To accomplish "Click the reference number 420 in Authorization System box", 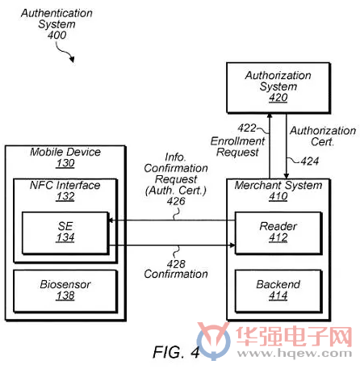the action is pyautogui.click(x=278, y=98).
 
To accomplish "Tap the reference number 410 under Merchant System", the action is pyautogui.click(x=278, y=196).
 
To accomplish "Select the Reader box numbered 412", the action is pyautogui.click(x=278, y=233).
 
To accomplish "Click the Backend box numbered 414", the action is pyautogui.click(x=278, y=291).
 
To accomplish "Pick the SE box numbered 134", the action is pyautogui.click(x=65, y=233).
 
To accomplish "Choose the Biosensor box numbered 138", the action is pyautogui.click(x=65, y=291).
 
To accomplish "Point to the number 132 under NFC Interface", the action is pyautogui.click(x=65, y=196).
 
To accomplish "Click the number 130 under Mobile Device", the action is pyautogui.click(x=65, y=163).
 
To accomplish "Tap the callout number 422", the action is pyautogui.click(x=247, y=128).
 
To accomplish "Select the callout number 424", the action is pyautogui.click(x=310, y=161).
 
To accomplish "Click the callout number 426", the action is pyautogui.click(x=176, y=201).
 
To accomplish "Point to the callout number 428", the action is pyautogui.click(x=176, y=264).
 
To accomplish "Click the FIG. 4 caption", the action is pyautogui.click(x=176, y=352).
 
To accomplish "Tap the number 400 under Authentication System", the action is pyautogui.click(x=57, y=35).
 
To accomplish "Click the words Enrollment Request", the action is pyautogui.click(x=237, y=147).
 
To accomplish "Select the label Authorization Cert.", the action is pyautogui.click(x=323, y=136).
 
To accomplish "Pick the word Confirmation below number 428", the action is pyautogui.click(x=176, y=274).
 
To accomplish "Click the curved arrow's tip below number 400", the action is pyautogui.click(x=73, y=61).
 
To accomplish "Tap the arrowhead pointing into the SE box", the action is pyautogui.click(x=111, y=220).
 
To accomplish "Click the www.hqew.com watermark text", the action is pyautogui.click(x=295, y=353).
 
